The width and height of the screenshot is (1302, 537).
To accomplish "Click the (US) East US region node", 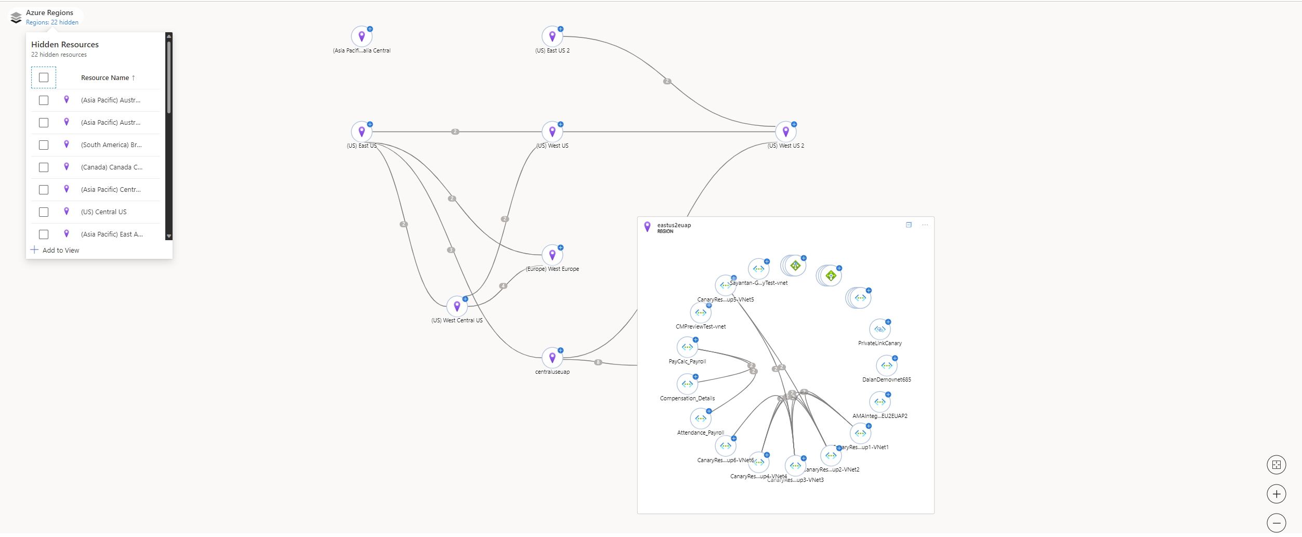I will [362, 132].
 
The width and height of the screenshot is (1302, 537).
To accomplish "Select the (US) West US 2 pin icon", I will [785, 132].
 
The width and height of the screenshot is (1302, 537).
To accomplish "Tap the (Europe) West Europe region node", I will [552, 255].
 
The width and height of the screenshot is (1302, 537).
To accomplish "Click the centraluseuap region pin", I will [552, 358].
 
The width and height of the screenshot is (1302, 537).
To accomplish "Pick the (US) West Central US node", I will [457, 307].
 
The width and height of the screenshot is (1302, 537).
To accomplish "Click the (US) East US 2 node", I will [552, 37].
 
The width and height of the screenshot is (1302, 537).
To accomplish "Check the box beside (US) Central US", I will [44, 212].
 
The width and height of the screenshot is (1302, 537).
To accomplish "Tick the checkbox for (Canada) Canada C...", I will [44, 167].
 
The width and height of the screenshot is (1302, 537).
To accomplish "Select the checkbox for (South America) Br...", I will [44, 145].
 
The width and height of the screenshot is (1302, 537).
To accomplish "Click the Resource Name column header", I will [105, 78].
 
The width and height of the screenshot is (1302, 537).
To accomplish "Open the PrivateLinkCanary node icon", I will [879, 330].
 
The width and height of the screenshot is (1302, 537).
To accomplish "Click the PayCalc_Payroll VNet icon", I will [687, 347].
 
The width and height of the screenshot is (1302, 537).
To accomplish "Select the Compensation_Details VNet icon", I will [687, 384].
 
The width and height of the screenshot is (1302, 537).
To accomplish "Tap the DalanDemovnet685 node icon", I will [886, 366].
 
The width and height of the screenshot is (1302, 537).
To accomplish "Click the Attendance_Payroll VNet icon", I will [701, 418].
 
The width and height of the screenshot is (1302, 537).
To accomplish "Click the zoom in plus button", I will [1276, 494].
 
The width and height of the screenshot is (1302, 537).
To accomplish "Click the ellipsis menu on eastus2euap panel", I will [925, 225].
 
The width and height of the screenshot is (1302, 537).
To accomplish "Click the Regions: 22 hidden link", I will [52, 22].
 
